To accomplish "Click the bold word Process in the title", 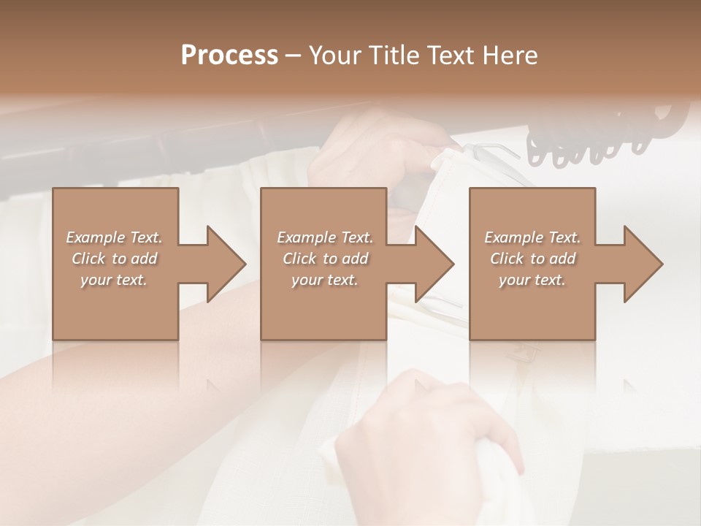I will click(229, 55).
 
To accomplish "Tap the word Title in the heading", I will click(394, 55).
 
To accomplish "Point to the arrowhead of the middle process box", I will click(432, 264).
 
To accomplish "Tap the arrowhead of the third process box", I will click(641, 264).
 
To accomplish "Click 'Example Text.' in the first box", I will click(114, 237).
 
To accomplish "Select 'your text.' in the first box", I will click(114, 280).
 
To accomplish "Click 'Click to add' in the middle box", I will click(325, 259).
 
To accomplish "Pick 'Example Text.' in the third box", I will click(532, 237).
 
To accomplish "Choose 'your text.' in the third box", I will click(532, 280).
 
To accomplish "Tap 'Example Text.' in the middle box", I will click(325, 237).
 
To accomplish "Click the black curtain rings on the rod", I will click(599, 139).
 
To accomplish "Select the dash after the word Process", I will click(294, 56).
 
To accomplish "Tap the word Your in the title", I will click(335, 55).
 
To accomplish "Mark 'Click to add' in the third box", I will click(532, 259).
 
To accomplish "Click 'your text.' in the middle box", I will click(325, 280).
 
